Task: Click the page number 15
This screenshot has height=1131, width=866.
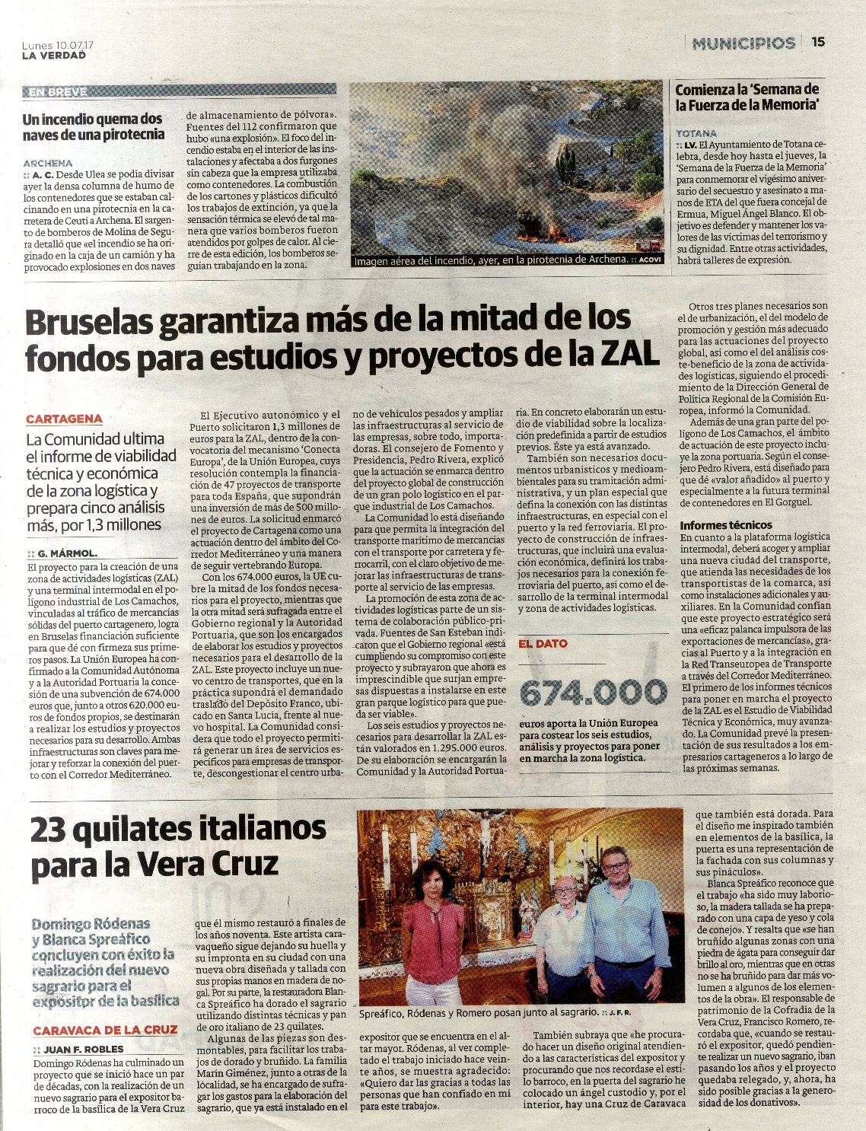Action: [818, 43]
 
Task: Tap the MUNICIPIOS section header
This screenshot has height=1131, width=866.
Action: [743, 43]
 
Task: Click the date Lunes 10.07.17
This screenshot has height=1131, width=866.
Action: [58, 46]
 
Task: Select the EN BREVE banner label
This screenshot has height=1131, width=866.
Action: [58, 92]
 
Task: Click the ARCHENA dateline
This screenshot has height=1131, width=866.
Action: [48, 163]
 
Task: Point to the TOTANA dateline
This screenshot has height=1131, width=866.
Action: [696, 132]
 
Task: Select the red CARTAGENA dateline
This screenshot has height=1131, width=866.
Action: [64, 419]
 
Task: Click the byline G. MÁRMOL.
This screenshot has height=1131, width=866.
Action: [68, 553]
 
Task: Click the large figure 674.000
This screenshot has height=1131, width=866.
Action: [593, 693]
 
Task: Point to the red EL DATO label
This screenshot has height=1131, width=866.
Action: [543, 643]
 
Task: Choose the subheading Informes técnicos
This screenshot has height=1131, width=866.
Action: [725, 525]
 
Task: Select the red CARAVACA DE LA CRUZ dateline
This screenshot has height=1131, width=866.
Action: [105, 1030]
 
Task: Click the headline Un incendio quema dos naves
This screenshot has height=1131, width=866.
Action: [93, 126]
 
